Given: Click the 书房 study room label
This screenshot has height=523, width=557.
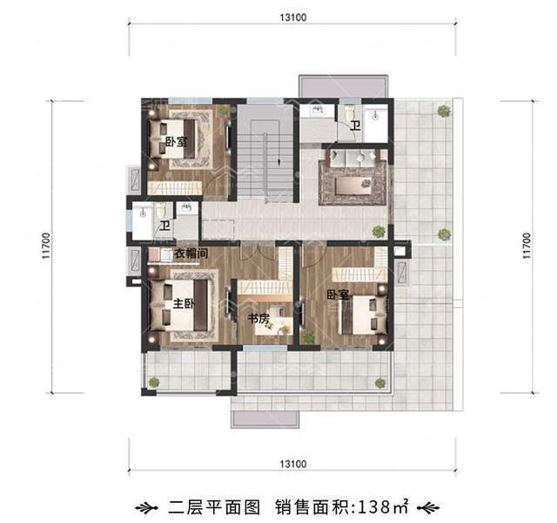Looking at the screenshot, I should [258, 319].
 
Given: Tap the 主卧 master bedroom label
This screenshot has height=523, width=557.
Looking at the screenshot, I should [183, 304].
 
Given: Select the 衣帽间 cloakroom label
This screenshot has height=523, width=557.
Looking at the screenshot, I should [190, 255].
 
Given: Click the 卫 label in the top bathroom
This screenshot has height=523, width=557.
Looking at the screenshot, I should [355, 126].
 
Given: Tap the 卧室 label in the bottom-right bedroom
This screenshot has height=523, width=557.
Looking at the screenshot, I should [338, 295].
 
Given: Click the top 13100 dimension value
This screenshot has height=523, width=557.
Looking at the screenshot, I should [293, 17].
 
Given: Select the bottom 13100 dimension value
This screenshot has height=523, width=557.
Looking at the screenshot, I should [293, 463].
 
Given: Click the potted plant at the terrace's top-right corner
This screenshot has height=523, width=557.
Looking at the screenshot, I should [445, 111].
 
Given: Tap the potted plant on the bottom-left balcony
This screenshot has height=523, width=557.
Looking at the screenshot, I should [154, 382].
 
